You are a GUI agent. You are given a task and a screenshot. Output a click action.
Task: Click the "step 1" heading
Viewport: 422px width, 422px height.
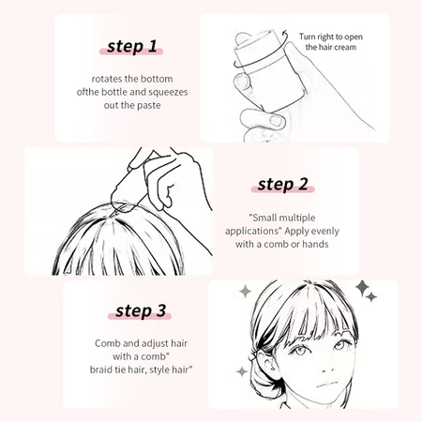pyautogui.click(x=131, y=47)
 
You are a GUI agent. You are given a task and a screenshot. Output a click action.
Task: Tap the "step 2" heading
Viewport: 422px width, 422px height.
pyautogui.click(x=283, y=184)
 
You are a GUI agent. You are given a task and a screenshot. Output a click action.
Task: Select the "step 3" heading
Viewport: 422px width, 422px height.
pyautogui.click(x=141, y=310)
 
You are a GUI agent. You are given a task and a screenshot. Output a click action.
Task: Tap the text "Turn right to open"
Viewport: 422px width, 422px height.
pyautogui.click(x=331, y=37)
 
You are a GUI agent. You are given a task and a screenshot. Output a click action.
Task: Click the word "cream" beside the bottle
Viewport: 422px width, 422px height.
pyautogui.click(x=343, y=47)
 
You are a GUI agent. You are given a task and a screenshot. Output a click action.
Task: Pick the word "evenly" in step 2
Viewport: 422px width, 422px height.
pyautogui.click(x=325, y=232)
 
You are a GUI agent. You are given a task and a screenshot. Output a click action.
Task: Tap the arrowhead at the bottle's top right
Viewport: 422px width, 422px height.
pyautogui.click(x=284, y=33)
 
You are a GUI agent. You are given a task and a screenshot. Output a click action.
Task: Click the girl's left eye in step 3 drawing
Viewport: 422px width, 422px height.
pyautogui.click(x=339, y=345)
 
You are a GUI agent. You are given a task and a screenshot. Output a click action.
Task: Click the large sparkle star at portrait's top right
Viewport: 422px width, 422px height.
pyautogui.click(x=362, y=287)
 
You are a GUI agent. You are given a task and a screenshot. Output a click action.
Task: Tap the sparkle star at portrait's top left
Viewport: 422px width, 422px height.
pyautogui.click(x=246, y=292)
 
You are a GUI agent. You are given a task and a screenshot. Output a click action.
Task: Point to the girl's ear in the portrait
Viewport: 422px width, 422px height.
pyautogui.click(x=265, y=364)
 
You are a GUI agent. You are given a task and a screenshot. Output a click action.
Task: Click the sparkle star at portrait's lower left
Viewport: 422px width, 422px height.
pyautogui.click(x=242, y=371)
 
